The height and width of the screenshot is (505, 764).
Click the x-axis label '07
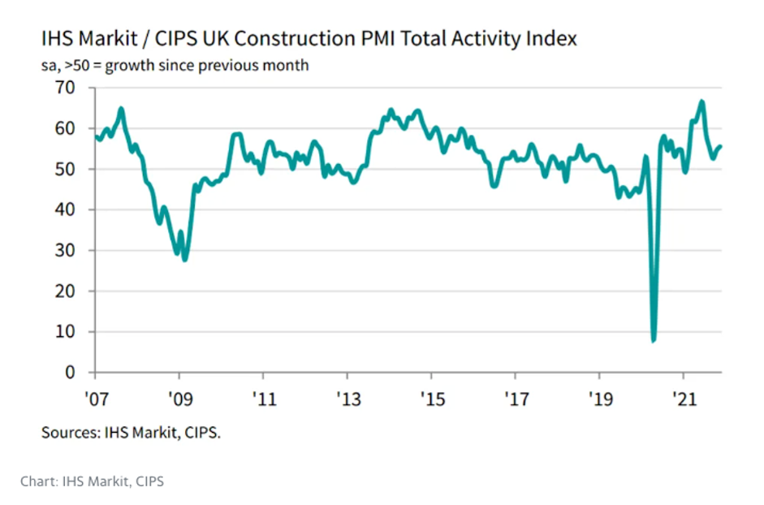click(x=95, y=399)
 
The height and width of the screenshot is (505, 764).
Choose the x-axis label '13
click(x=347, y=399)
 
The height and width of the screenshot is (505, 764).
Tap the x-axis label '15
click(x=431, y=399)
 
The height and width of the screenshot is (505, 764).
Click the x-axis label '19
click(x=599, y=399)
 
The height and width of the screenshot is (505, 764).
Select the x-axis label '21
click(x=683, y=399)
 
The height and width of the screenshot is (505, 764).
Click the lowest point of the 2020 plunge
click(x=654, y=340)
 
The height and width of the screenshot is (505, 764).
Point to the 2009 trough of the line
click(x=185, y=259)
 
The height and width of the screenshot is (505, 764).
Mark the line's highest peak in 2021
click(x=701, y=101)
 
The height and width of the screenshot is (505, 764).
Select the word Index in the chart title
click(x=555, y=38)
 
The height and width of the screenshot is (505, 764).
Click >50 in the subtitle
click(x=75, y=65)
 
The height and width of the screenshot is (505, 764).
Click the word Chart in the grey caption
click(x=38, y=481)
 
